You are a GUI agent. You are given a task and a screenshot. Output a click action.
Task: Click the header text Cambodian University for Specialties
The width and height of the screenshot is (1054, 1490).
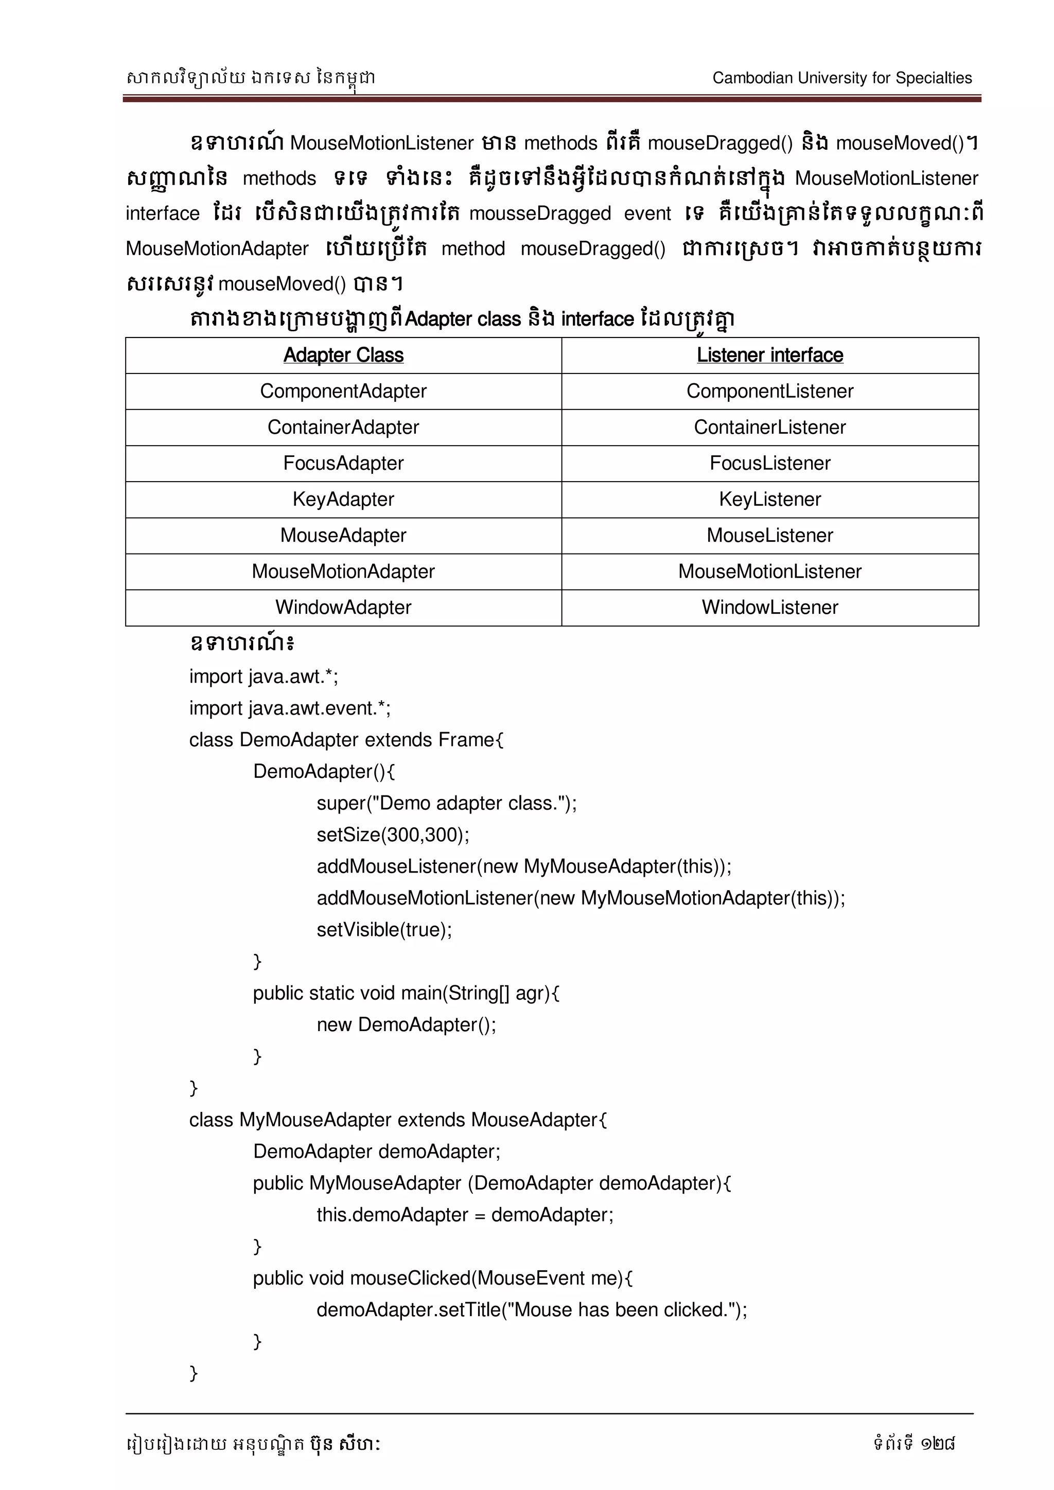tap(842, 78)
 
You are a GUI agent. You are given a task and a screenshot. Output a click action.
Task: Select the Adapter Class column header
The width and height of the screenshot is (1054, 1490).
tap(343, 355)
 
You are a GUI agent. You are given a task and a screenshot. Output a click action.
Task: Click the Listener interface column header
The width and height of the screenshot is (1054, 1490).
tap(770, 355)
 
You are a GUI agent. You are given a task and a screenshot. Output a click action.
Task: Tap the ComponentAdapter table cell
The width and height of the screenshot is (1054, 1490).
tap(343, 392)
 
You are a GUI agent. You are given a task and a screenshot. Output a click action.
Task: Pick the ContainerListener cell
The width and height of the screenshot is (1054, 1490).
tap(770, 427)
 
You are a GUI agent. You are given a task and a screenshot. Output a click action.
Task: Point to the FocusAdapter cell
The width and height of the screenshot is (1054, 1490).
tap(343, 464)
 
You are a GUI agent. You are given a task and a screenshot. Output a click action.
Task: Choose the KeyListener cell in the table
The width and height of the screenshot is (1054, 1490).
tap(770, 499)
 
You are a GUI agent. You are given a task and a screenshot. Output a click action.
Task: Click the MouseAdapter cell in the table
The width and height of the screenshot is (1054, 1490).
tap(343, 536)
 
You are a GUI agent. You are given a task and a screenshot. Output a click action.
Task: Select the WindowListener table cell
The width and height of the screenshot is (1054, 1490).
tap(770, 608)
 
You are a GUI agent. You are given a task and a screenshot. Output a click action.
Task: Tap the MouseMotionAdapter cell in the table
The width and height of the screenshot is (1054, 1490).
tap(343, 571)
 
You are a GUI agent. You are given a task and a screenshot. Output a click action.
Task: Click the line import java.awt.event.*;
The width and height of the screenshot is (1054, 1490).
tap(289, 708)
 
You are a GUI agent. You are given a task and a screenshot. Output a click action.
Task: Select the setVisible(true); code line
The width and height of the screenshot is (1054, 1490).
tap(384, 929)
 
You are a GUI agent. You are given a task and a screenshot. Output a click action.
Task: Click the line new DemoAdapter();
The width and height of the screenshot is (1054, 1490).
tap(406, 1025)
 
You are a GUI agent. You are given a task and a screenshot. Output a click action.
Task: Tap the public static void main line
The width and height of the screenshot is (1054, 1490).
tap(406, 993)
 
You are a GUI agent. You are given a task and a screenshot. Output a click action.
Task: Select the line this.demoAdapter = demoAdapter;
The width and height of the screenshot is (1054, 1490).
tap(465, 1215)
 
